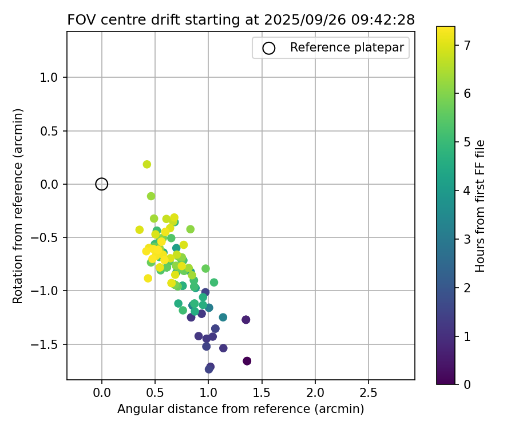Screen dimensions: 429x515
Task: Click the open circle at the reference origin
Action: [x=102, y=184]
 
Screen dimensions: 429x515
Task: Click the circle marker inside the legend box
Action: [x=269, y=48]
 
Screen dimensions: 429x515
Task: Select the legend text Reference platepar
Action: [x=347, y=48]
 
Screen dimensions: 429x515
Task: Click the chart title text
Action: [x=241, y=19]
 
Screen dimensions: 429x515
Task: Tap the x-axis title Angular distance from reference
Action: [x=241, y=409]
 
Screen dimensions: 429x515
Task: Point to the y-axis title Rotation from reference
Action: [x=18, y=205]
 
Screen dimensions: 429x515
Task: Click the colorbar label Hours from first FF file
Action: [x=480, y=206]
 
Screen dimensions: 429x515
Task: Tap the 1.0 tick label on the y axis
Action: [x=51, y=78]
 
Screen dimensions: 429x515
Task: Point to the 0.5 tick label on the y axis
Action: [x=51, y=131]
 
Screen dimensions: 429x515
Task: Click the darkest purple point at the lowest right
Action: [x=247, y=361]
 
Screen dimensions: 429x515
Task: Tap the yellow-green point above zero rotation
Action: [x=147, y=164]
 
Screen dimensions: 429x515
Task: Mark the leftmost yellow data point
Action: [x=140, y=230]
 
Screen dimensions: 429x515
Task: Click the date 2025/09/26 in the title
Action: [x=299, y=19]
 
